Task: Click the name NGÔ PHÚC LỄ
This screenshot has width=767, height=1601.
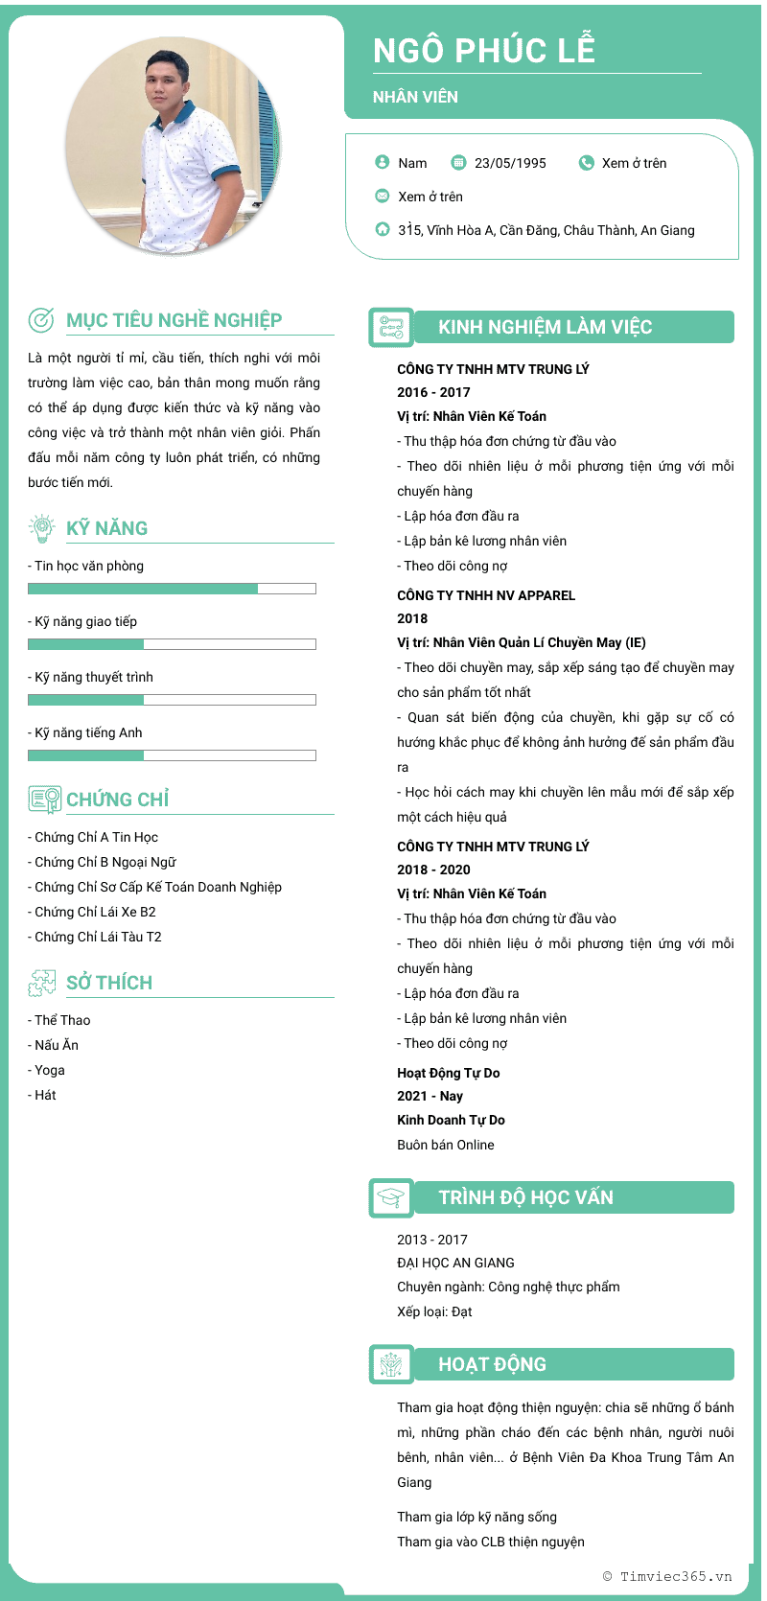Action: (x=484, y=50)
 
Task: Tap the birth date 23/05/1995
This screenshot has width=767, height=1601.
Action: (x=510, y=163)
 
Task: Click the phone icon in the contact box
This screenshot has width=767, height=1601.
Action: (x=587, y=163)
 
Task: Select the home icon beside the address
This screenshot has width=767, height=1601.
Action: (x=383, y=229)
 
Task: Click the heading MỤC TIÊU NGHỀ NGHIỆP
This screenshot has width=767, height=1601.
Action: (x=174, y=320)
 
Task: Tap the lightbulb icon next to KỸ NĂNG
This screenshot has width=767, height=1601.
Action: (x=41, y=527)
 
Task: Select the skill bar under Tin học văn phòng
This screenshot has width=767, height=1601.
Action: (x=172, y=589)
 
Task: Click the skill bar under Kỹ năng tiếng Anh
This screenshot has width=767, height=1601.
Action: (x=172, y=755)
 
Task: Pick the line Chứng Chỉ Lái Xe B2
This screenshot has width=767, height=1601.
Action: (x=95, y=912)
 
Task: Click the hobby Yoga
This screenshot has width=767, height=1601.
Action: (x=50, y=1070)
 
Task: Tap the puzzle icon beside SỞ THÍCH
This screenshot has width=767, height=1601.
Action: (x=41, y=982)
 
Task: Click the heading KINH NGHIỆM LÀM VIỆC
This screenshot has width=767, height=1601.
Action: (x=545, y=327)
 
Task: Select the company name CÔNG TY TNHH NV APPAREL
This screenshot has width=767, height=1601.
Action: (x=486, y=595)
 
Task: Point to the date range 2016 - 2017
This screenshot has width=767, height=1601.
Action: (x=433, y=392)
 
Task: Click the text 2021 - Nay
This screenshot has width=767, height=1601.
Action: (x=430, y=1096)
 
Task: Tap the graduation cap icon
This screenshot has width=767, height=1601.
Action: (x=390, y=1197)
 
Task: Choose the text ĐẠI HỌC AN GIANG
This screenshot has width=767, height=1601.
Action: (x=455, y=1263)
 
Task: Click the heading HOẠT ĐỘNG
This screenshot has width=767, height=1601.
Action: (x=492, y=1364)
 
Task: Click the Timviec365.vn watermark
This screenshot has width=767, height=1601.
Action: (x=667, y=1576)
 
